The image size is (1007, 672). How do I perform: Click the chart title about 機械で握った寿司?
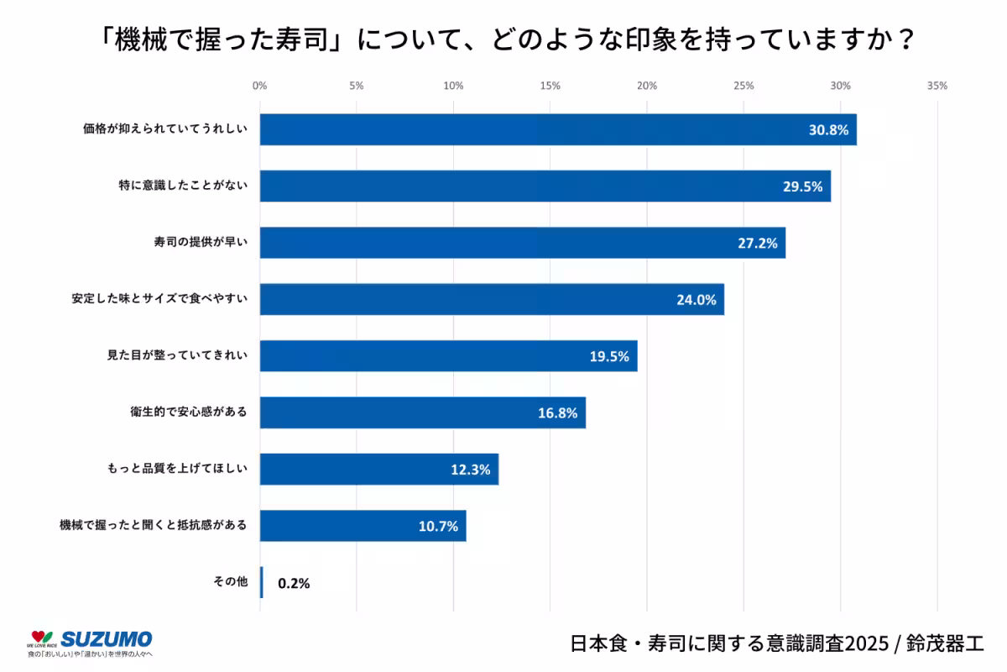point(503,39)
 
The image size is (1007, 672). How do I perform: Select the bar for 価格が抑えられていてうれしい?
point(558,129)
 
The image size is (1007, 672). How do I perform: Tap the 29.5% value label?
point(802,186)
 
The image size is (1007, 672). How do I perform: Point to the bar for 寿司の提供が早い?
point(522,243)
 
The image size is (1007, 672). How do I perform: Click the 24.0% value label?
point(696,300)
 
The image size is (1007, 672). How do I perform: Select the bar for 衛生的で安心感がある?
point(422,412)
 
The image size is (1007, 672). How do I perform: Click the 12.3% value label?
point(470,470)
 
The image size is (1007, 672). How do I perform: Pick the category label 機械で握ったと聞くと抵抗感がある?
point(154,525)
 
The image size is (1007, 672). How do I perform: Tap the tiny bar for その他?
point(261,582)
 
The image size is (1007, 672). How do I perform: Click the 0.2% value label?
point(294,583)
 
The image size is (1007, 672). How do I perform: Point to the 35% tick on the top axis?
point(937,86)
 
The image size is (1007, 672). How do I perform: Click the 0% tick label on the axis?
point(260,86)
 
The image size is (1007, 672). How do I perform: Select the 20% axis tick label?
point(647,86)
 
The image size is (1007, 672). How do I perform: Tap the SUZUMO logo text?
point(107,638)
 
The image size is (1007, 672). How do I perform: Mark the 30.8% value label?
point(828,130)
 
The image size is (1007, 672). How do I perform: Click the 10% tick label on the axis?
point(453,86)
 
